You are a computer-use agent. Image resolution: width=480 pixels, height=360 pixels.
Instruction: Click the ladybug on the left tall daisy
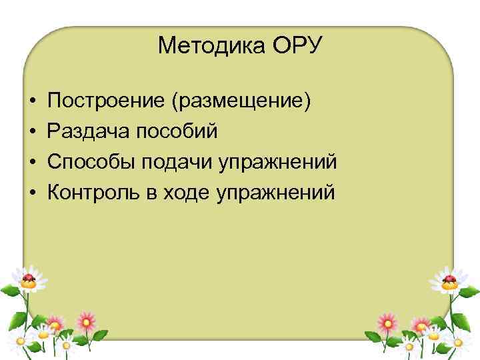point(28,277)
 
